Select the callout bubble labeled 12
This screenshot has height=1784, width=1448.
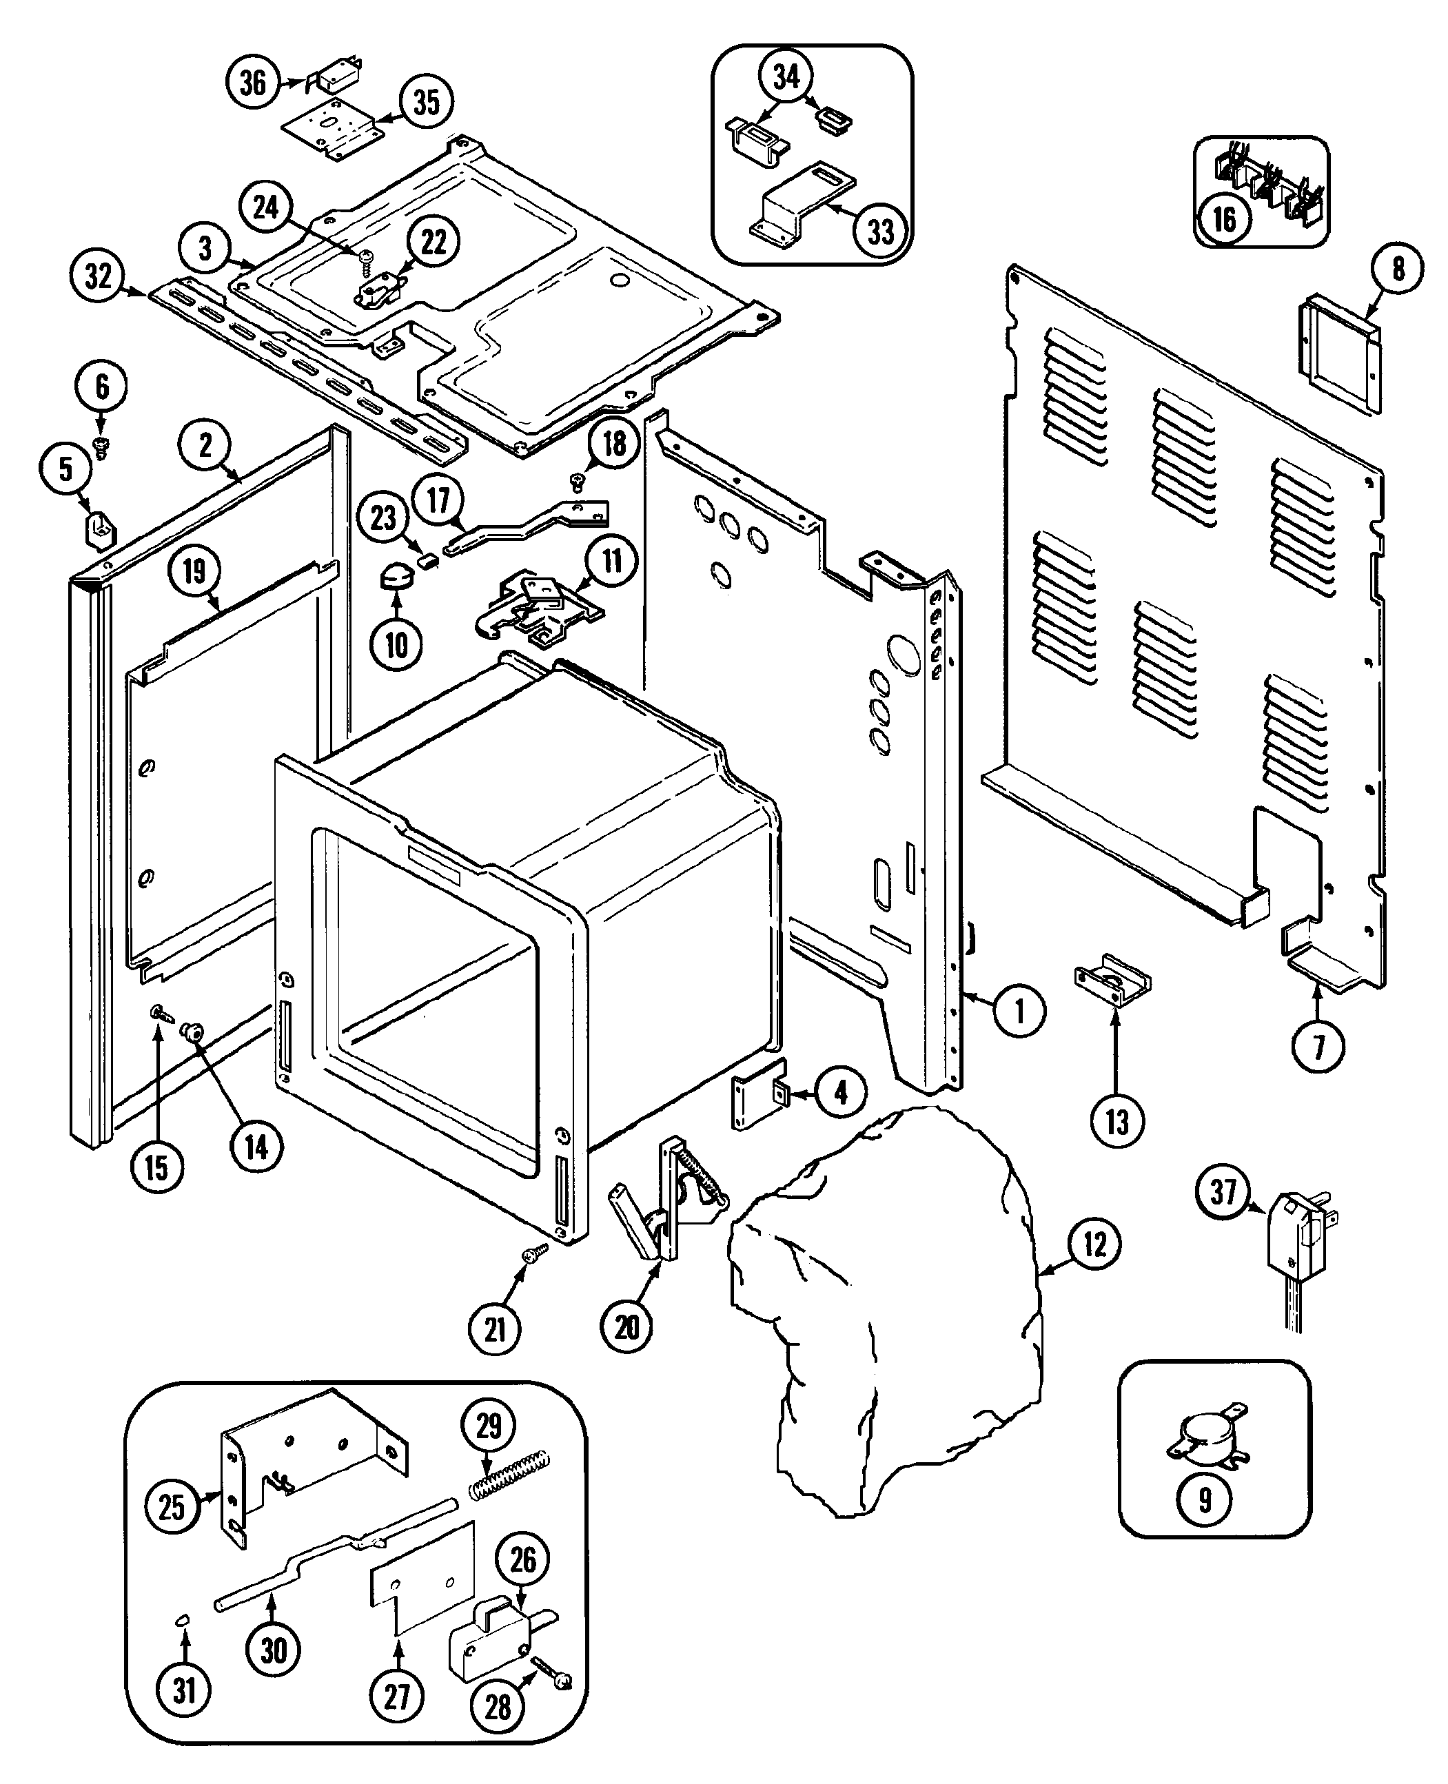coord(1094,1245)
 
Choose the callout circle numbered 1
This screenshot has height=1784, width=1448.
coord(1019,1012)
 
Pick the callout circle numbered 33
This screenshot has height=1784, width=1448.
coord(880,231)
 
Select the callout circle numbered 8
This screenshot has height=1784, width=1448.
coord(1398,269)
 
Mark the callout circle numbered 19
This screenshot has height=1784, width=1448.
coord(194,571)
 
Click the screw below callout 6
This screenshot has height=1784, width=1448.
coord(103,447)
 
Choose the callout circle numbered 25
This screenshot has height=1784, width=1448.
coord(172,1506)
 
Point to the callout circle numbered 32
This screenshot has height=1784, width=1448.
coord(99,276)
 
